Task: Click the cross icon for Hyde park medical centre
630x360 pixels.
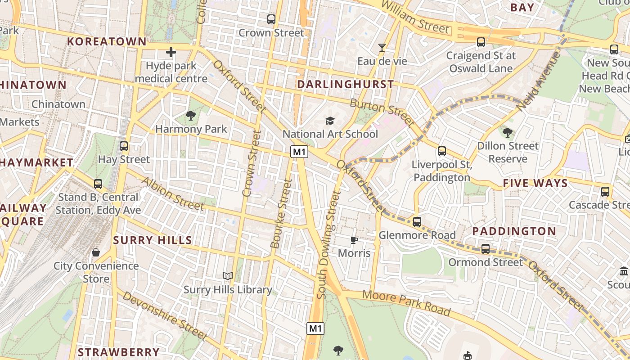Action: point(171,52)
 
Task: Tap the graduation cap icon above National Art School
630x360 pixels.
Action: point(330,121)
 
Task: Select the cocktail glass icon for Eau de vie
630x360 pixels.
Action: point(382,47)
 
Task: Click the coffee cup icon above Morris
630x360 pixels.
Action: point(354,240)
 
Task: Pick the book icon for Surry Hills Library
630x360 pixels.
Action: point(228,276)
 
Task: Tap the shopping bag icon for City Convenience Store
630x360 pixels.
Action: point(96,252)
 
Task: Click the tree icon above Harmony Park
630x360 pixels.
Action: point(191,116)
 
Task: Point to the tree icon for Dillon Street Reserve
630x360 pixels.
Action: point(508,132)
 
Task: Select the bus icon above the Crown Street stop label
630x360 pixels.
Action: point(271,19)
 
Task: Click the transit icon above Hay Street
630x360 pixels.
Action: point(124,146)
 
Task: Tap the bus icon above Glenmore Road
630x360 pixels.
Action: point(417,222)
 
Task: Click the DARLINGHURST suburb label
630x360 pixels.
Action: point(345,84)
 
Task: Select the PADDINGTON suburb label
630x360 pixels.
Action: point(514,231)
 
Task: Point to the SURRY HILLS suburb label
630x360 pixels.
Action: point(153,240)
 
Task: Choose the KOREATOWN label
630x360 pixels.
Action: point(107,41)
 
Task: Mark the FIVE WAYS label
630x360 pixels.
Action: point(535,183)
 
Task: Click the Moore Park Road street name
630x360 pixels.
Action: point(406,303)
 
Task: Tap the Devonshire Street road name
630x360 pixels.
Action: point(165,316)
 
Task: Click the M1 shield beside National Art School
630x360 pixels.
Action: point(299,152)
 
